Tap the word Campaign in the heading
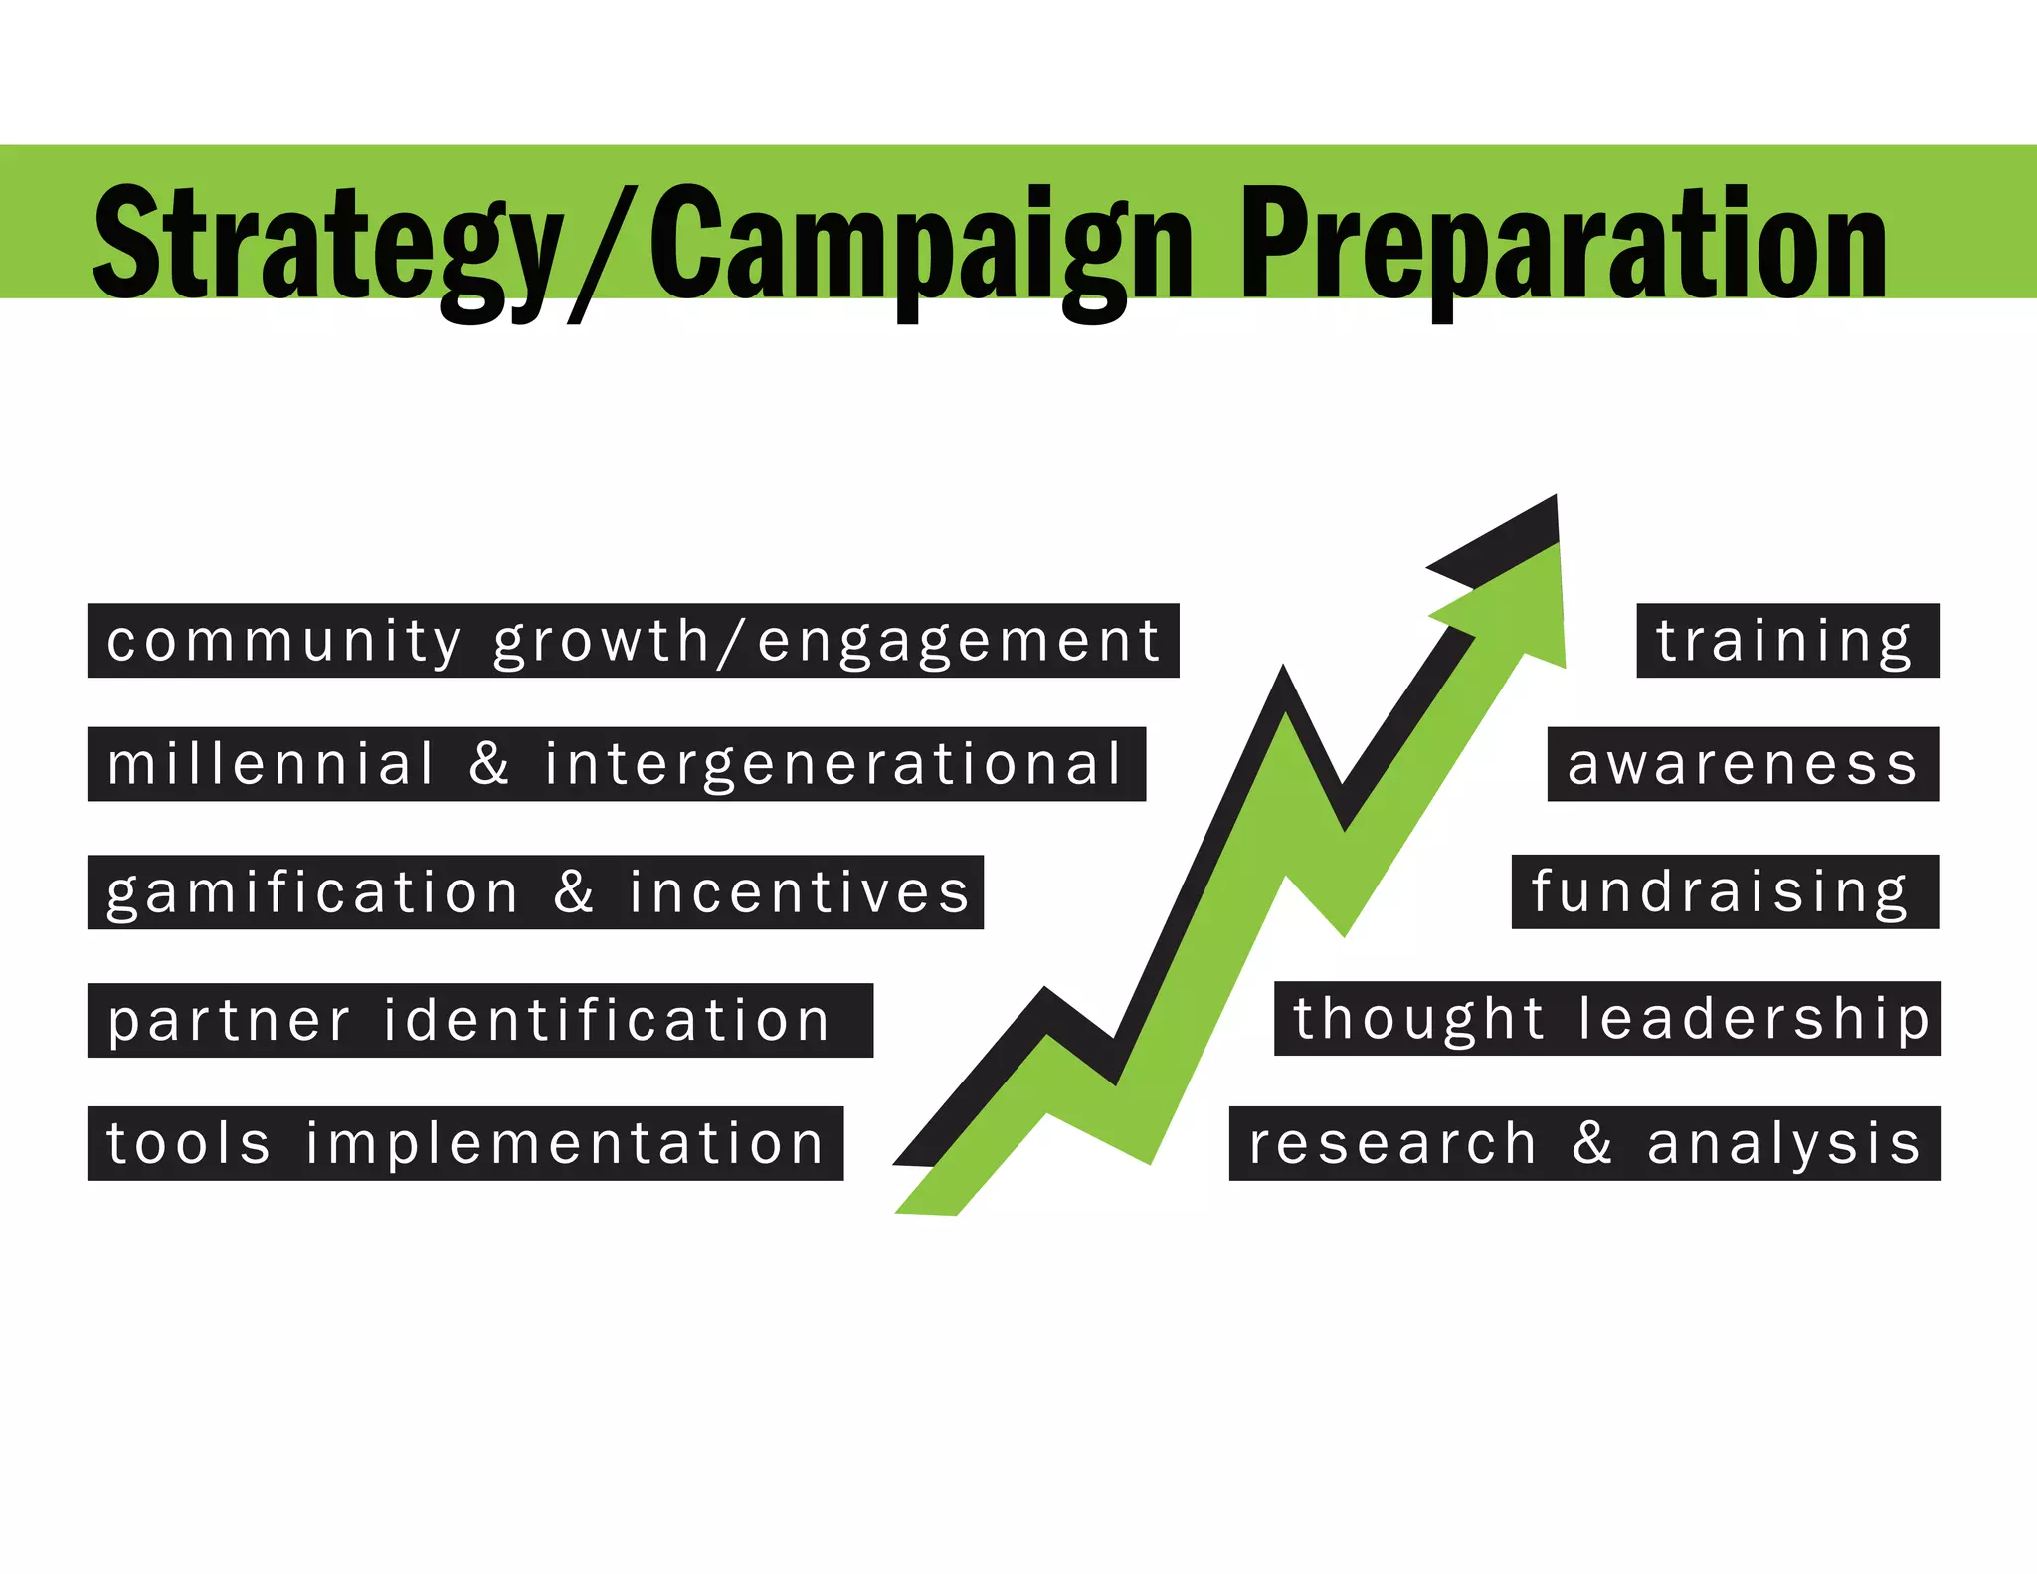[920, 244]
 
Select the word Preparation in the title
[1563, 244]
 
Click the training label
[1786, 641]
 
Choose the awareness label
[1743, 764]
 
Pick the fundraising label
[1723, 891]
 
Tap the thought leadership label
[1607, 1019]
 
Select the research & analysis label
[1584, 1143]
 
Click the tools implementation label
[465, 1143]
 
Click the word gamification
[313, 892]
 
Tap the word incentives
[799, 892]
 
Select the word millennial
[272, 764]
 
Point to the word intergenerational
[833, 764]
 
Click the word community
[284, 641]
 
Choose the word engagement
[959, 641]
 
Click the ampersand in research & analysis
[1592, 1142]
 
